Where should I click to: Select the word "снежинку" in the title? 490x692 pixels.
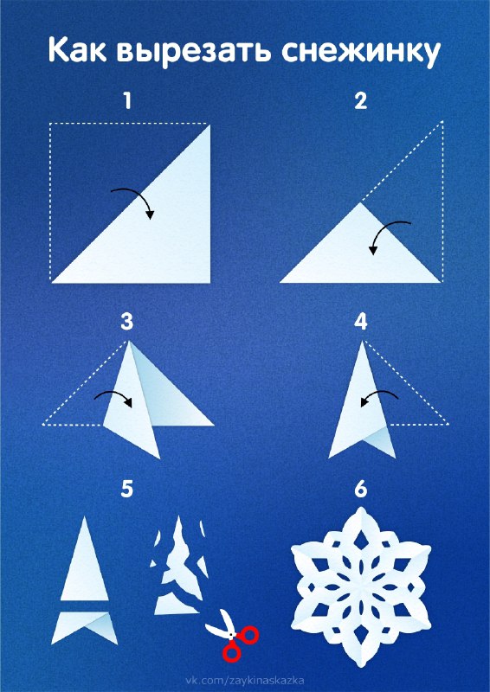360,53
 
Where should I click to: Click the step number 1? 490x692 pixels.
127,101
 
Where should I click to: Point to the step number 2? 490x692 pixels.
361,101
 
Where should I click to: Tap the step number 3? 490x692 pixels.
126,323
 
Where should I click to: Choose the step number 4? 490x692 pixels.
361,323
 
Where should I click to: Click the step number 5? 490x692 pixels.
126,490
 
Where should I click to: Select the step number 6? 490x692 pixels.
361,490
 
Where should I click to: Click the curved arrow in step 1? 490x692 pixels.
137,193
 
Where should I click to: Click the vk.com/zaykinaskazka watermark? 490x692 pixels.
244,681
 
